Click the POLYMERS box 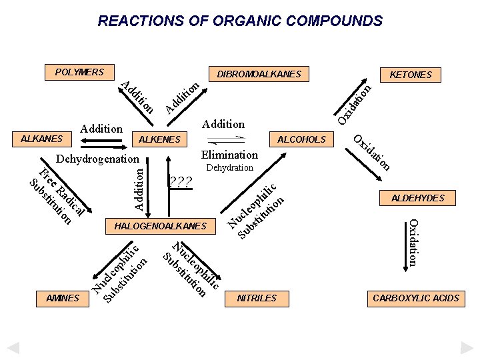(79, 72)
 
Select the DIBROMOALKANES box (259, 74)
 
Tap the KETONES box (410, 75)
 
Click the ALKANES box (42, 139)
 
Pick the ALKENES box (159, 139)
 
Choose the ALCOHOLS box (301, 139)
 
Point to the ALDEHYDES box (417, 198)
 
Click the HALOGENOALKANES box (161, 226)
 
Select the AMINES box (63, 298)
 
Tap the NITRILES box (257, 298)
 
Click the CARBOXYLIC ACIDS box (416, 298)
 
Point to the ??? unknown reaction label (181, 182)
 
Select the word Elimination (229, 155)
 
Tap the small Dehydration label (229, 167)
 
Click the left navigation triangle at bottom (13, 347)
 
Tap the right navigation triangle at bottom (466, 347)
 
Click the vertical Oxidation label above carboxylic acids (414, 243)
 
